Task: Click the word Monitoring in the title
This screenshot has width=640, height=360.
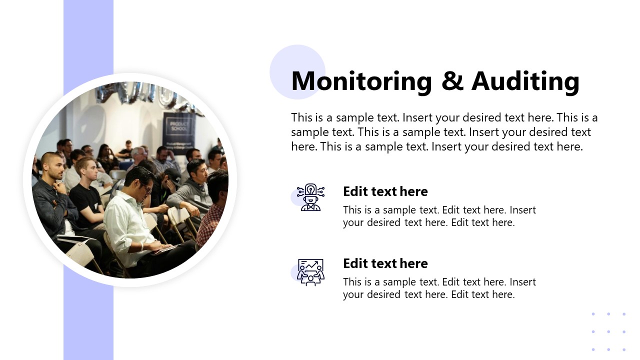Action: click(361, 81)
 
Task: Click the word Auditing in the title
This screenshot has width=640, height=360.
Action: click(525, 81)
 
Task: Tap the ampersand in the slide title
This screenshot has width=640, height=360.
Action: click(452, 81)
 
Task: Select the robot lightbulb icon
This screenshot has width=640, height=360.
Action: click(310, 197)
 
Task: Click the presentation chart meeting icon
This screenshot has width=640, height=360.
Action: click(310, 272)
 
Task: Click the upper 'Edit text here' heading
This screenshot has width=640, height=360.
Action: click(385, 191)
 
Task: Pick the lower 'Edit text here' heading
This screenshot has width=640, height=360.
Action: click(385, 263)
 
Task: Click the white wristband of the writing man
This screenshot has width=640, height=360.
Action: click(141, 246)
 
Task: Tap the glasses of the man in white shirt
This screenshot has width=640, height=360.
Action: click(147, 188)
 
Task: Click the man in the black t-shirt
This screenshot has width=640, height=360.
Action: click(85, 194)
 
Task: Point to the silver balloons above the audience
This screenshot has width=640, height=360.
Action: click(148, 95)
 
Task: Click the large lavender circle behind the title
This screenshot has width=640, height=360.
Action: click(297, 72)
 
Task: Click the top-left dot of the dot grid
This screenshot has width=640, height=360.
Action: click(593, 314)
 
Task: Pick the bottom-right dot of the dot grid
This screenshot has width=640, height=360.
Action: click(624, 349)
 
